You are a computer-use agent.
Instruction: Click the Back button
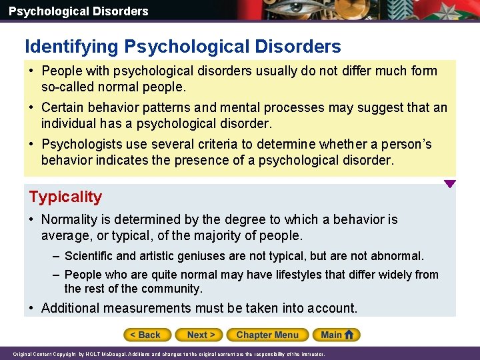point(146,335)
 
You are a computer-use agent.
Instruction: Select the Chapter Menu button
point(267,335)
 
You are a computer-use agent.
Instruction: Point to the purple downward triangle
point(450,184)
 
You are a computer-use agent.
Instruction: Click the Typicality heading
point(65,197)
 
